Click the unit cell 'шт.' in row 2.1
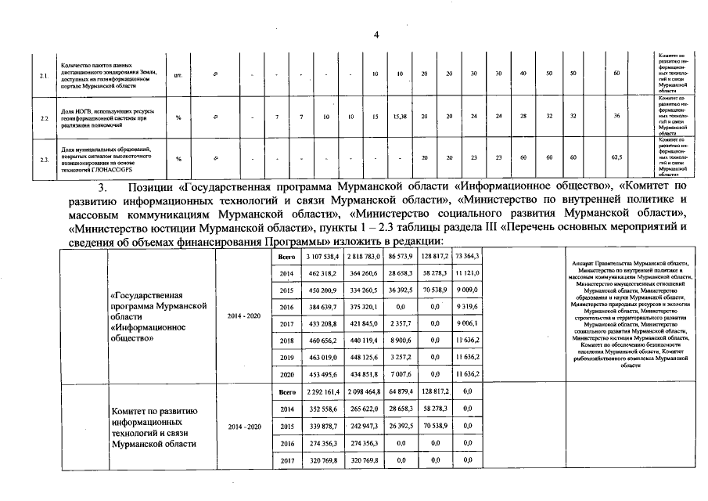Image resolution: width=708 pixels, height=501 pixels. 178,74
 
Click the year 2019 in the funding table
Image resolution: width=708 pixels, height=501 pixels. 286,357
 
